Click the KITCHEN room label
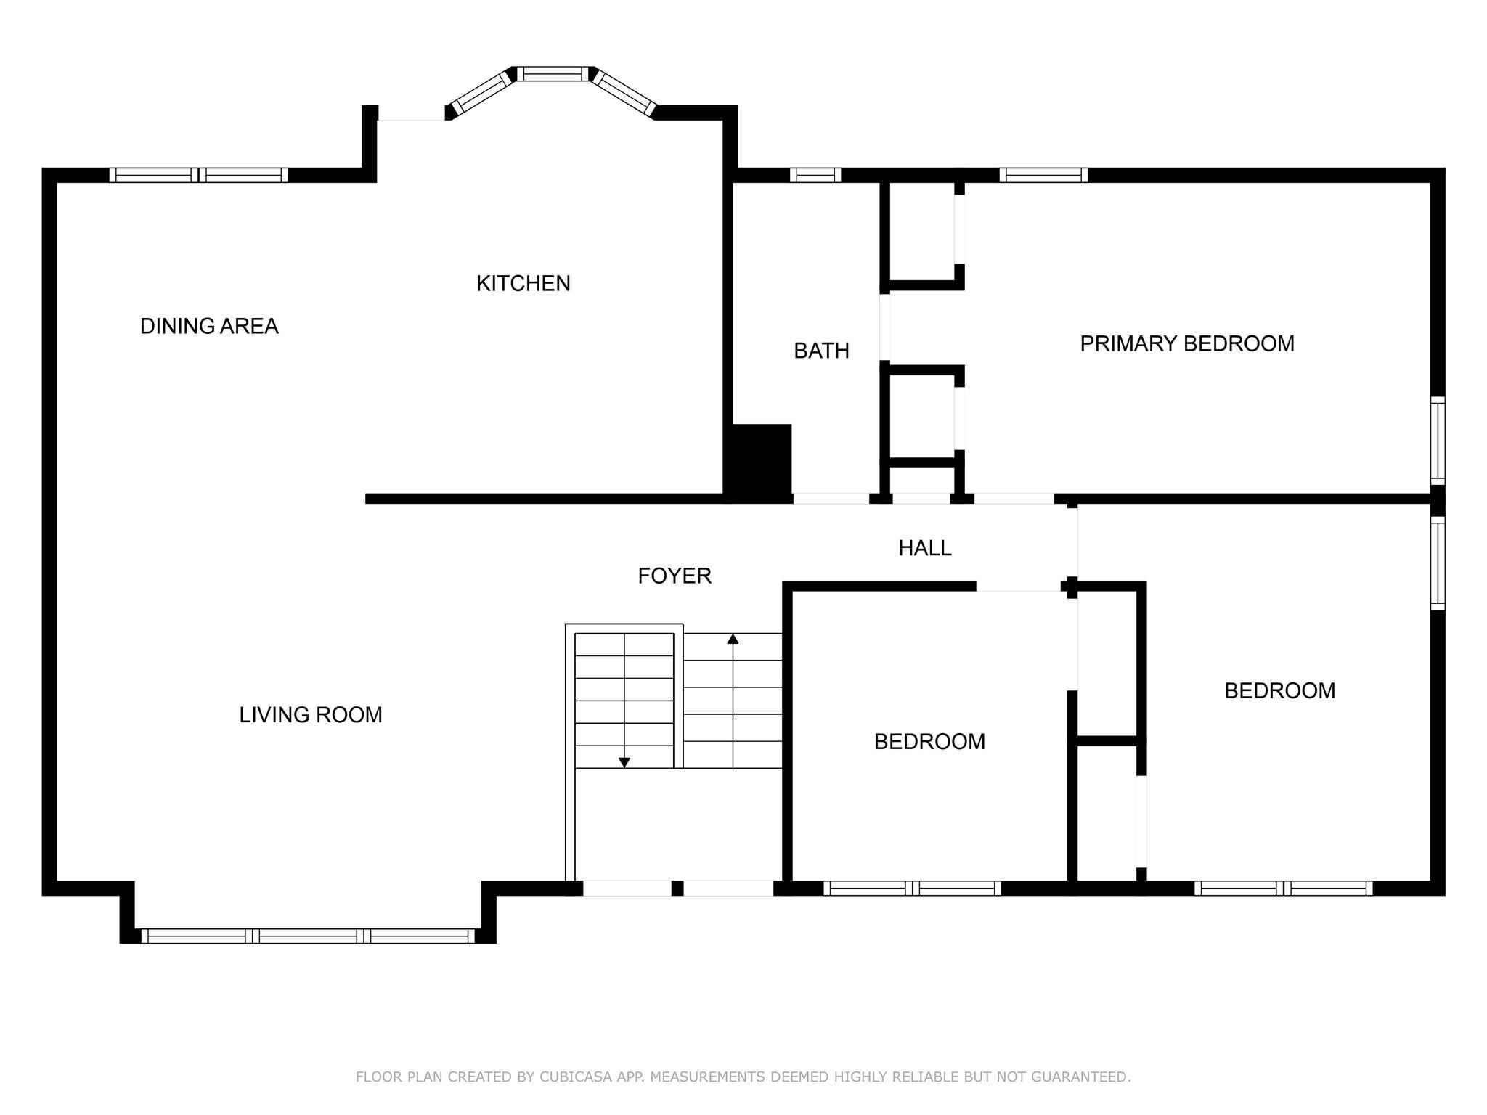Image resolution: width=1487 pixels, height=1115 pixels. (x=523, y=283)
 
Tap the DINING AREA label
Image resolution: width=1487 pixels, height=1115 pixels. (x=209, y=326)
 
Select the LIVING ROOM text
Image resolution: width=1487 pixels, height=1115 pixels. (x=311, y=715)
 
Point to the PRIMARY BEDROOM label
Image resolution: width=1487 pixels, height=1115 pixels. (x=1187, y=343)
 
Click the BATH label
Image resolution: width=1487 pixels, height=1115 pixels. (x=821, y=351)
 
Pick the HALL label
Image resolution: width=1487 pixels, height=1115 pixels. (x=924, y=548)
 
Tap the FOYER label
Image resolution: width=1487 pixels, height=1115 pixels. (x=674, y=576)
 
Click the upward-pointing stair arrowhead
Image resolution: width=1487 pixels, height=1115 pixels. (x=733, y=639)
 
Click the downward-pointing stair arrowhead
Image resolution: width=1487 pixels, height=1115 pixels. (x=624, y=762)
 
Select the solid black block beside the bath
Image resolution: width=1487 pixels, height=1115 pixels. (x=761, y=461)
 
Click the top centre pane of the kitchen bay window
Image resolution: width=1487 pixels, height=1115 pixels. (x=553, y=73)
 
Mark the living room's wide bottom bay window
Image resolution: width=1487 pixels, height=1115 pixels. (x=308, y=936)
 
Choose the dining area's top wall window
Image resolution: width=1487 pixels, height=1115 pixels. (x=198, y=175)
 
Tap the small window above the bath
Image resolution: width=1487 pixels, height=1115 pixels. (x=815, y=175)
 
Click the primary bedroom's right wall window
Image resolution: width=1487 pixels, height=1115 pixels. (x=1437, y=440)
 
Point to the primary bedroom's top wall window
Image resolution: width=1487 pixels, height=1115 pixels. (x=1043, y=175)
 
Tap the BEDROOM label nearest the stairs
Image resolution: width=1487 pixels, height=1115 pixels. (x=929, y=741)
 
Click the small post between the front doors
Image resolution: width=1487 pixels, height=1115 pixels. (x=677, y=888)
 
